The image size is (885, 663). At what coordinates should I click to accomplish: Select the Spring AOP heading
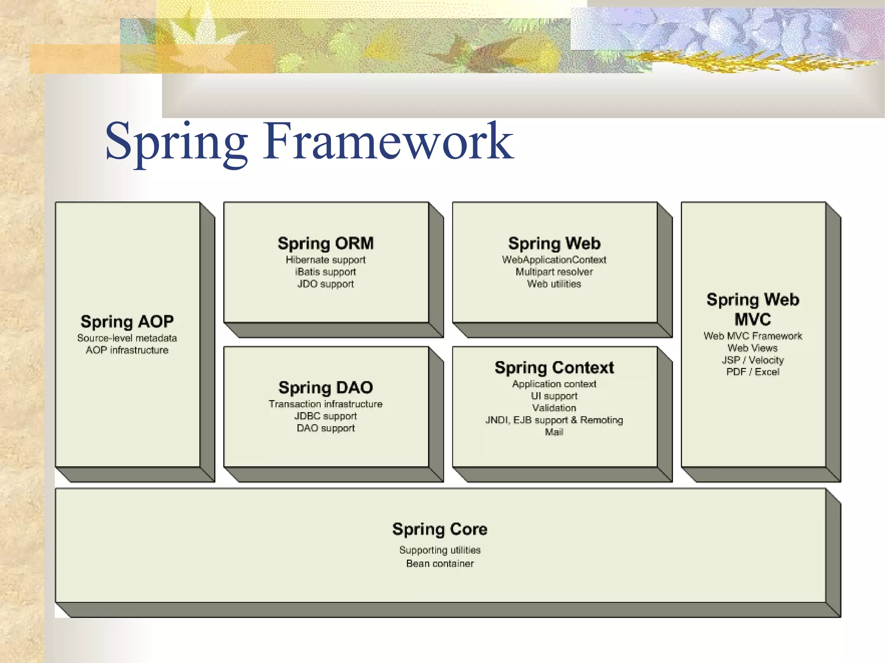(127, 321)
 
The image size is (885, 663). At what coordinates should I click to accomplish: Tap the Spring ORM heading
(325, 243)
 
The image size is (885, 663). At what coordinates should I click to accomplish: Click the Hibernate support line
(325, 260)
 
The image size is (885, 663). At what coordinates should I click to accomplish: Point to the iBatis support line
(325, 272)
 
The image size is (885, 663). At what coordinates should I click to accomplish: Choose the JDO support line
(325, 284)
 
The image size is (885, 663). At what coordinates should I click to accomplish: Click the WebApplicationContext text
(554, 260)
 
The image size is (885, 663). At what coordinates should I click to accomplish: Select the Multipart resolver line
(554, 272)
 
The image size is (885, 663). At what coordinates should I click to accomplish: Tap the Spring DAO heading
(325, 387)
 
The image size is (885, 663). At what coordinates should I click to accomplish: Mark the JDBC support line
(325, 416)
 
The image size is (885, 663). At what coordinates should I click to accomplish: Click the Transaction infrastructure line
(325, 404)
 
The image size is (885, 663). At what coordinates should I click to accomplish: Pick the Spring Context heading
(554, 368)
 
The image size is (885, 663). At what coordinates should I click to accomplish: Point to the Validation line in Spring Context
(554, 408)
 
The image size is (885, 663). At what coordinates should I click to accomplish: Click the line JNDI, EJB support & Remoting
(554, 420)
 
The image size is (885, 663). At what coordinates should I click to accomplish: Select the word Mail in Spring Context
(554, 432)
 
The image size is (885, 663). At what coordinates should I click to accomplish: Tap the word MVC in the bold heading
(752, 320)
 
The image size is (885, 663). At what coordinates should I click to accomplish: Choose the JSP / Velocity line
(752, 360)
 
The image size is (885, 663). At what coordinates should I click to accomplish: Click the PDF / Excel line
(752, 372)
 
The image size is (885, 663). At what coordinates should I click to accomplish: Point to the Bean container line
(440, 564)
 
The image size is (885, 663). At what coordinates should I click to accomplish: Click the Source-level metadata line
(127, 338)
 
